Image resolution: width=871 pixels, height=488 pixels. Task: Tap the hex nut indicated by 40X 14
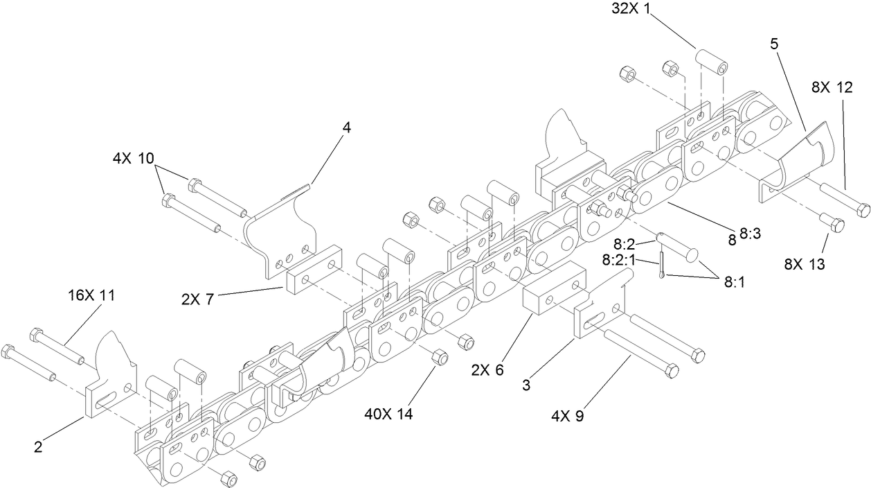(438, 357)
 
